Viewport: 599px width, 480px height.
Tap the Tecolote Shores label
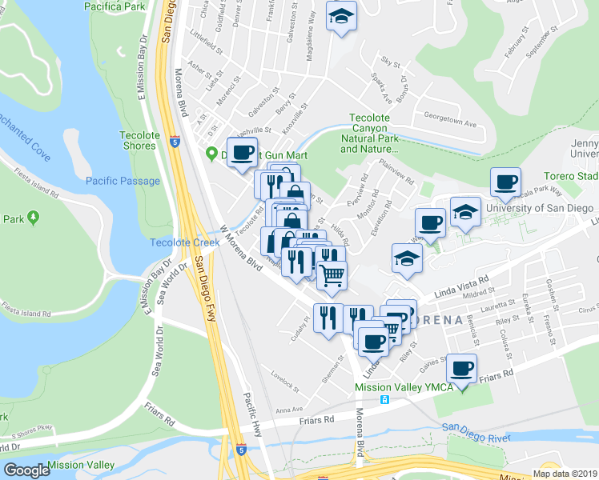pos(140,141)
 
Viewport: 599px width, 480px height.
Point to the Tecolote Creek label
pos(179,242)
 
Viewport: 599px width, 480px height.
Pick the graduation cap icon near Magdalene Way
pos(341,17)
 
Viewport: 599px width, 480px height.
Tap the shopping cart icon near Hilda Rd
pos(332,275)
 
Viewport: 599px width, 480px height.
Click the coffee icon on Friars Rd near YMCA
pos(461,368)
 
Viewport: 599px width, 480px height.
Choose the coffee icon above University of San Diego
pos(505,182)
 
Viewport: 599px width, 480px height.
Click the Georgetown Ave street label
pos(449,125)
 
